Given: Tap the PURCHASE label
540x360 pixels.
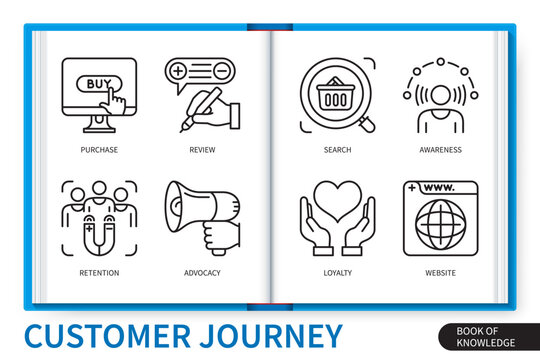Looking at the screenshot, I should point(99,150).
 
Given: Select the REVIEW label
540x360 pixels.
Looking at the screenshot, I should point(201,150).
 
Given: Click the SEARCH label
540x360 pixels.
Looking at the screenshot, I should point(338,150).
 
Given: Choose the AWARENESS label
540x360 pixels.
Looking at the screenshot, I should point(440,150).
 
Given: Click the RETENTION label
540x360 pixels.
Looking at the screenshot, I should point(99,272).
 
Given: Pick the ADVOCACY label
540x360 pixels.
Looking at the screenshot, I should point(202,272).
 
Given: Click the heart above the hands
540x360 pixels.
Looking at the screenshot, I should point(338,197).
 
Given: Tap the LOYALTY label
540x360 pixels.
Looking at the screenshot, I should point(338,272).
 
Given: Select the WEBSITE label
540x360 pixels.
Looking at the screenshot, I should point(440,272).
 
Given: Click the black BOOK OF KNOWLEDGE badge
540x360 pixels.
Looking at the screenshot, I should point(477,337).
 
